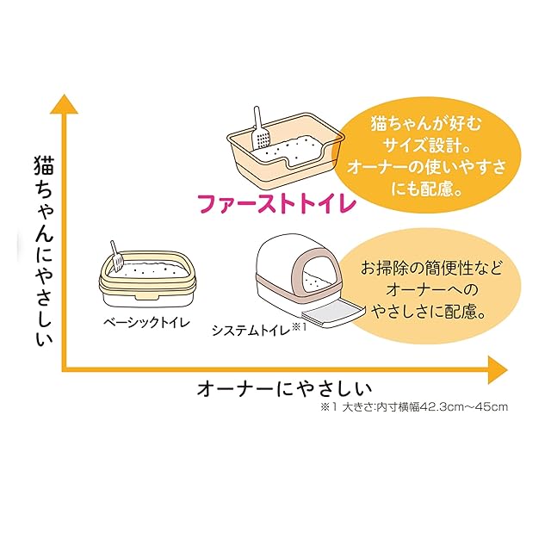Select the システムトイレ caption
[250, 330]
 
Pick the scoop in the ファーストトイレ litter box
[259, 129]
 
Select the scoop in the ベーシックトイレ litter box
[115, 254]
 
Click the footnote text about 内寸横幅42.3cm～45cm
[413, 406]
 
